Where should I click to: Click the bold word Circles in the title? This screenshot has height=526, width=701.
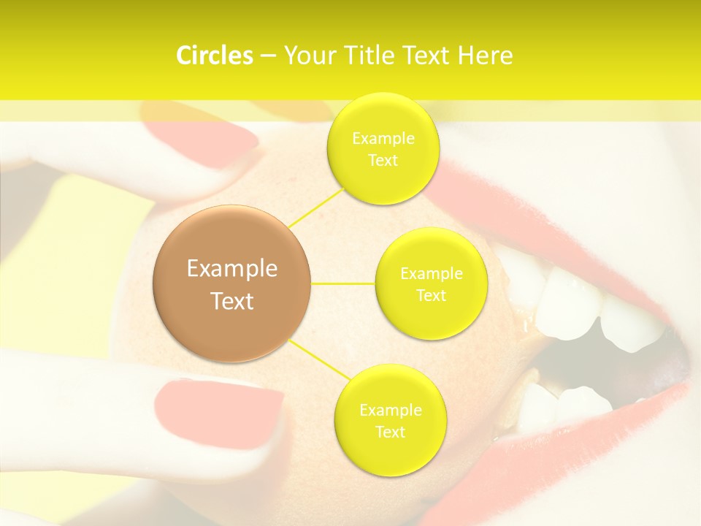point(214,56)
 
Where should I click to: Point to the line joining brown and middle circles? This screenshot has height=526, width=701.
point(343,283)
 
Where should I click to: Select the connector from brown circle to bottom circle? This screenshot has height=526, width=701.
point(317,360)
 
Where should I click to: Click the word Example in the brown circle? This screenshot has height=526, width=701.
point(232,269)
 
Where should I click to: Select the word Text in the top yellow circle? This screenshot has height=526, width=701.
point(383,161)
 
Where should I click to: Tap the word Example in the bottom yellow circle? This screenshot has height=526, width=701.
point(390,411)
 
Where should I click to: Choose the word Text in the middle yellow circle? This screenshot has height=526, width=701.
point(431,296)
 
